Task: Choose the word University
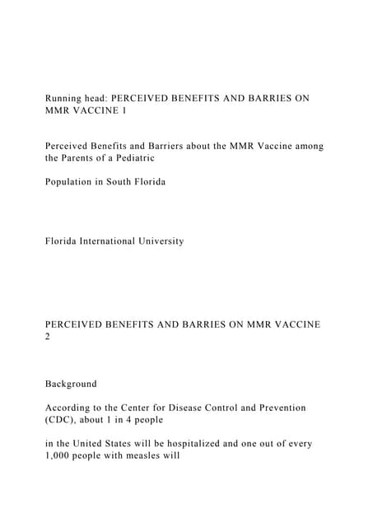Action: coord(193,241)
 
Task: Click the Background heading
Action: coord(71,384)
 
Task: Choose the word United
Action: coord(87,443)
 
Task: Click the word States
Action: coord(124,443)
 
